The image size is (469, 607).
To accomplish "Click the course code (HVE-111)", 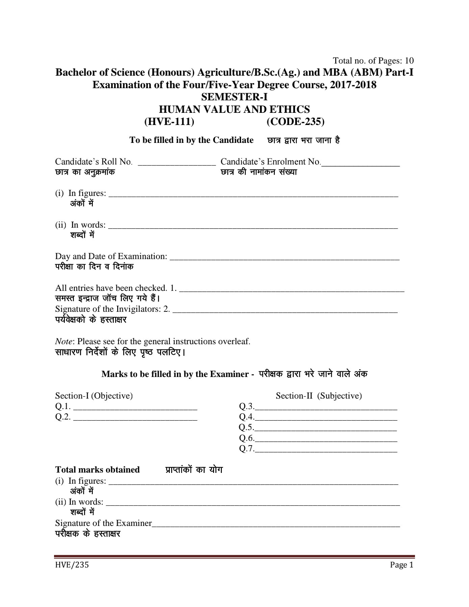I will (x=169, y=122).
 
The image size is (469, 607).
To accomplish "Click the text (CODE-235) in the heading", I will (x=295, y=122).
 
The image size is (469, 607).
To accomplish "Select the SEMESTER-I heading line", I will (x=234, y=97).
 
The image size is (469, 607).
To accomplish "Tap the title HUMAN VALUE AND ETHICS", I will (x=234, y=109).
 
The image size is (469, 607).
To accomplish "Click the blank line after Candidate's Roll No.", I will (x=177, y=165).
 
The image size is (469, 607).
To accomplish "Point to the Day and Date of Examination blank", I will (x=284, y=259).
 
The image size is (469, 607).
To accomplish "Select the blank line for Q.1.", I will (x=135, y=409).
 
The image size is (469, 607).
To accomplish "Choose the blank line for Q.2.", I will (x=135, y=420).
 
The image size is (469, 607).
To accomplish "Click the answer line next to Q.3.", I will (x=326, y=409).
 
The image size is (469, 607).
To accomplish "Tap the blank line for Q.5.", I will (x=326, y=430).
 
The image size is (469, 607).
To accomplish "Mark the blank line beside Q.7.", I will (x=326, y=451).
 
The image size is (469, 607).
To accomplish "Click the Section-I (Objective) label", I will (x=94, y=396).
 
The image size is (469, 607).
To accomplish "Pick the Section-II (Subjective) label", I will (x=319, y=396).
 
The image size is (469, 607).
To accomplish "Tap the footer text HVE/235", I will (x=72, y=565).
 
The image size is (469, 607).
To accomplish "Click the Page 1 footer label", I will (x=401, y=565).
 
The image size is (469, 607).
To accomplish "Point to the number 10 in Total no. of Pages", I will (x=409, y=61).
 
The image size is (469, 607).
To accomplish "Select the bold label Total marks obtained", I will (x=97, y=470).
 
